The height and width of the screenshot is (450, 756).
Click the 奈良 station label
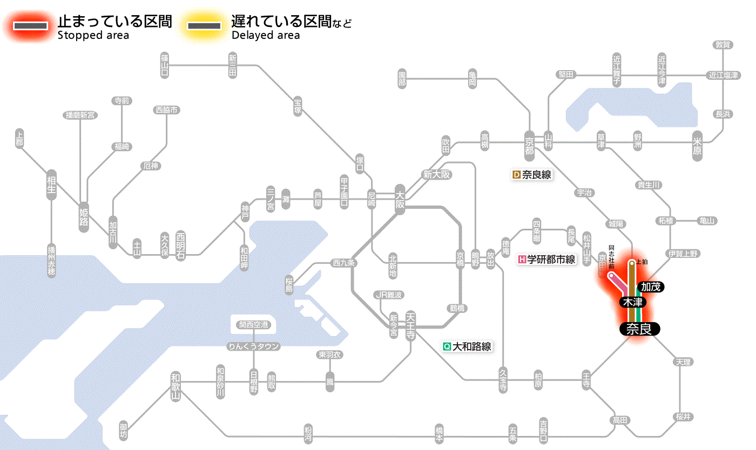639,329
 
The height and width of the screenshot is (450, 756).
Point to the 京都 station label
529,143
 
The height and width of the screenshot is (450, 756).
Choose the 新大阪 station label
436,174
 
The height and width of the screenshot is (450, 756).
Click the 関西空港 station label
254,325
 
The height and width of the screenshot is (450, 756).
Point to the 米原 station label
697,145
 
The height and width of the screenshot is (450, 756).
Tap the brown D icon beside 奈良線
516,174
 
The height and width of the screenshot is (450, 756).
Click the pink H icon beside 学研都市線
522,260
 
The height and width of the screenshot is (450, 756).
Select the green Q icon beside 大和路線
447,346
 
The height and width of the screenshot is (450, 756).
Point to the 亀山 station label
707,221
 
